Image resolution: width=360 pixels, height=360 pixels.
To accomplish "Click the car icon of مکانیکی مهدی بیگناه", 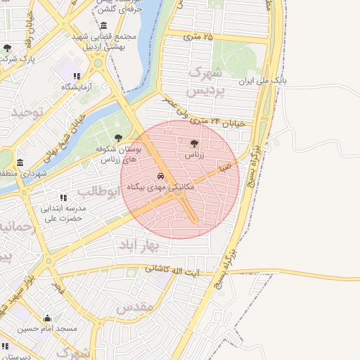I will pyautogui.click(x=161, y=176).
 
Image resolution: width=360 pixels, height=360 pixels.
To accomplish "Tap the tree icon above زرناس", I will pyautogui.click(x=195, y=142).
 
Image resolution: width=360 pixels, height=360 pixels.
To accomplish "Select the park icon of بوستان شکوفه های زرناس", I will pyautogui.click(x=117, y=138).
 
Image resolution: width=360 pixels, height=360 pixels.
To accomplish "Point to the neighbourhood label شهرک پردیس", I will pyautogui.click(x=205, y=82).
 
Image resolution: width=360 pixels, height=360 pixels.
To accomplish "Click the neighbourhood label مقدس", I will pyautogui.click(x=134, y=307).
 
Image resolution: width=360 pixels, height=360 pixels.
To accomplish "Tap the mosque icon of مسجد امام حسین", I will pyautogui.click(x=48, y=318).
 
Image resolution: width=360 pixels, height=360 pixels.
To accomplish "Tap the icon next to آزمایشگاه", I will pyautogui.click(x=77, y=76).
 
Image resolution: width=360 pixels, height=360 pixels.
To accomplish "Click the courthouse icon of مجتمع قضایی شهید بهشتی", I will pyautogui.click(x=104, y=26).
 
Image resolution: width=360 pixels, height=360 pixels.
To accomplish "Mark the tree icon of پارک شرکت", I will pyautogui.click(x=7, y=48).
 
